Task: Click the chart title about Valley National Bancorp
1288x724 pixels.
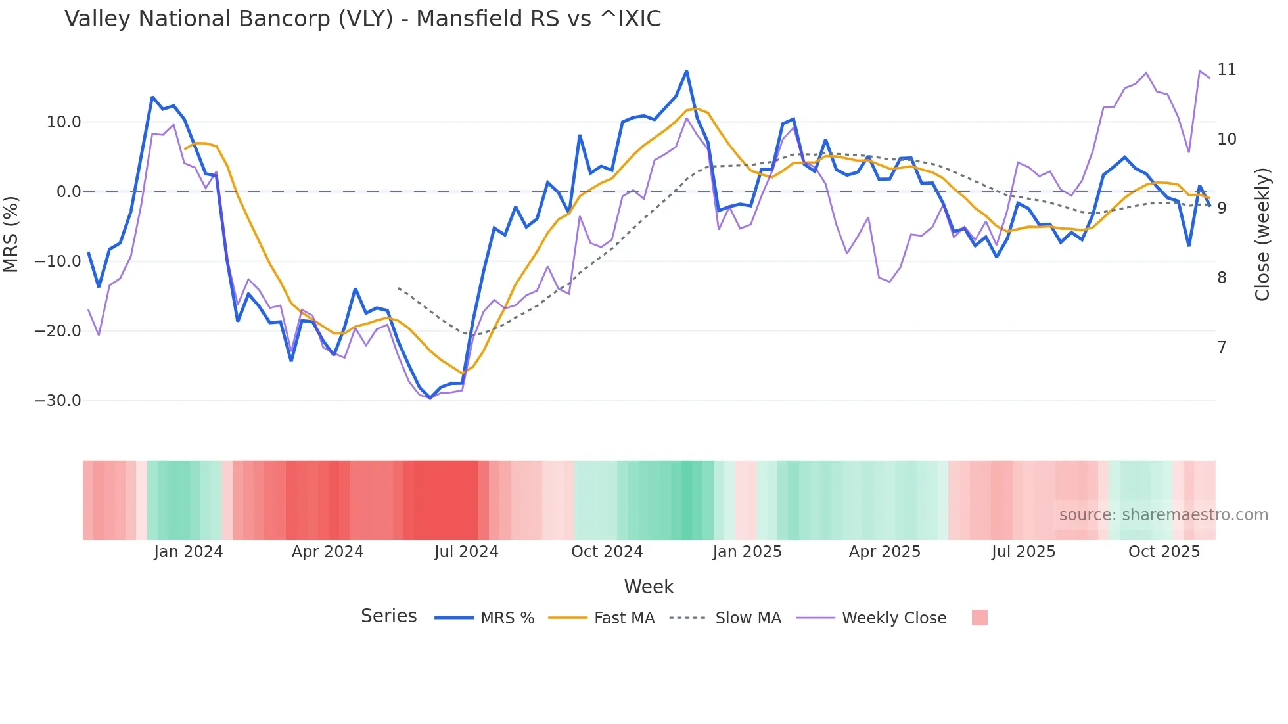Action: pos(363,19)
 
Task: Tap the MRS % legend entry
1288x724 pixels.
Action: pos(507,618)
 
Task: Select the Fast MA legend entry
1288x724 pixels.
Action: pos(624,618)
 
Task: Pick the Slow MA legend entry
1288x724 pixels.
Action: pos(748,618)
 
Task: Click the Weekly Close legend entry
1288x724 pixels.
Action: pos(894,618)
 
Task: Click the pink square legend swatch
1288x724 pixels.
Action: pos(979,618)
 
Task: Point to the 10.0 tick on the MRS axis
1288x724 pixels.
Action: pos(64,122)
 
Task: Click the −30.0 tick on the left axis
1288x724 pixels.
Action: pos(58,401)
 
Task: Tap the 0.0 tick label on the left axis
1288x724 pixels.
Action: pos(68,192)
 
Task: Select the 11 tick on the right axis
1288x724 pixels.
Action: pos(1226,70)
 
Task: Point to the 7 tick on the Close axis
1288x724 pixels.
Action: pos(1222,348)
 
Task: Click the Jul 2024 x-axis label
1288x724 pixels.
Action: pos(466,552)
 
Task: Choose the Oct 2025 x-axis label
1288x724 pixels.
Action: pos(1164,552)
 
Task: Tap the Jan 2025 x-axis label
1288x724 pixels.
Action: pos(747,552)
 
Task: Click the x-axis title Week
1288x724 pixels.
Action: pos(649,587)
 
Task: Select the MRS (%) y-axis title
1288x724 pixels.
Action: pos(11,234)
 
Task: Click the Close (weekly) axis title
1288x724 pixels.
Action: pos(1262,234)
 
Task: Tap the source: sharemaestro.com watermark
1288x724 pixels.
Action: pos(1163,515)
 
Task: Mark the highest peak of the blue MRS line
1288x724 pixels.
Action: pos(686,71)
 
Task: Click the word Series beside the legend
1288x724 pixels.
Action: pos(388,616)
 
